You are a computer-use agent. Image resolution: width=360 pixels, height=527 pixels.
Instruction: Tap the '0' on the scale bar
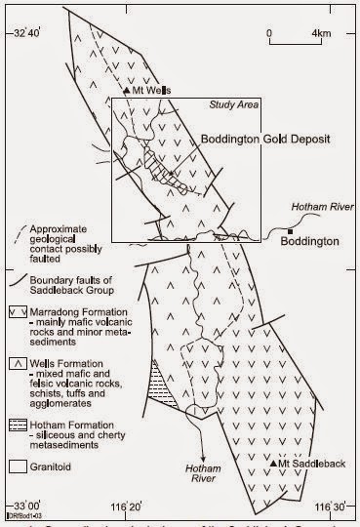click(x=269, y=34)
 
